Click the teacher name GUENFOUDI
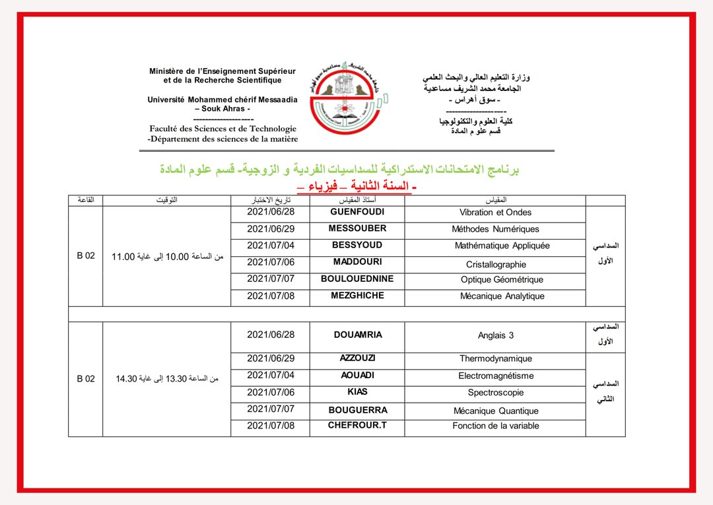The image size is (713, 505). point(357,212)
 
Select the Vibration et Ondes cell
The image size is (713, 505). point(495,213)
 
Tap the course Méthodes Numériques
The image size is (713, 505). point(495,229)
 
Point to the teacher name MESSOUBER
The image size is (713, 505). point(357,228)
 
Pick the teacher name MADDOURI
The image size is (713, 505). point(357,262)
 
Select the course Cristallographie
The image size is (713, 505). point(496,264)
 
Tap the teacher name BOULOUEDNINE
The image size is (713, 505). point(357,279)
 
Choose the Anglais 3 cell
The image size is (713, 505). point(496,335)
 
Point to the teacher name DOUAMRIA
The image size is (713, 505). point(358,335)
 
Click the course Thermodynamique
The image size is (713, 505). point(496,359)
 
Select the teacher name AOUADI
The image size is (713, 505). point(357,375)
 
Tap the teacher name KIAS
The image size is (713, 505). point(357,392)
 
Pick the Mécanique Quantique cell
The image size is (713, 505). point(496,411)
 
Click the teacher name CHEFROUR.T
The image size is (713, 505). point(357,425)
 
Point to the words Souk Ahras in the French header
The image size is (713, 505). point(222,108)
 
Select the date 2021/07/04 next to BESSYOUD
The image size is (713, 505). point(271,246)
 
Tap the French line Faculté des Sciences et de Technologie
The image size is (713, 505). point(222,129)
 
